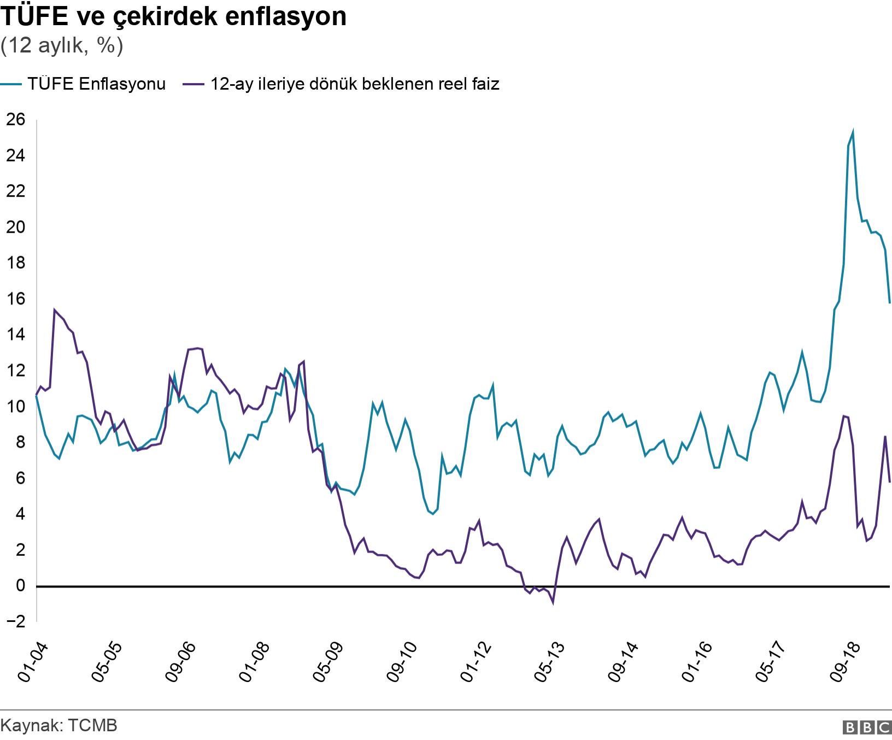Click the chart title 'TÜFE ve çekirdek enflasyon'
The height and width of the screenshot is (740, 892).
point(173,16)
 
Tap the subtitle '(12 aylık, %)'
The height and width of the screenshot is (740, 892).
point(62,46)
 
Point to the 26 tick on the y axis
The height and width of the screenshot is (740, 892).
point(16,120)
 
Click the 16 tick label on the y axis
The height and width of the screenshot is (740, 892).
point(16,299)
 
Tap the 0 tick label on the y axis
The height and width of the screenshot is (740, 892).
point(21,586)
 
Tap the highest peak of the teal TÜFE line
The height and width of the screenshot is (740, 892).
point(853,132)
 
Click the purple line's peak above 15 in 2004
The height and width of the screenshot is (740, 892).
point(54,310)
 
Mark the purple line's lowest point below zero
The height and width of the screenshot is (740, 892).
point(553,603)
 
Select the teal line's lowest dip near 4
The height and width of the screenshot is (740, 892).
point(433,514)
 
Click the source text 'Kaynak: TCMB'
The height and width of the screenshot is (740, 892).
point(59,726)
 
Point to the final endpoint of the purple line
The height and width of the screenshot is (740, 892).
point(890,482)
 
